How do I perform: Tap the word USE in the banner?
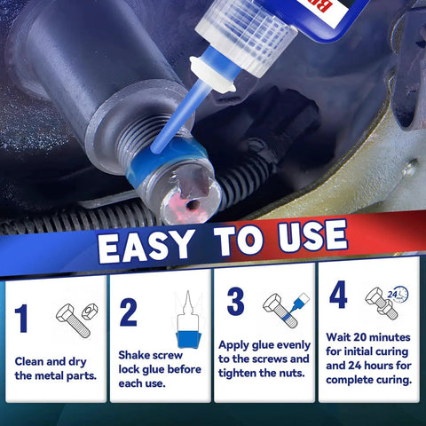[312, 237]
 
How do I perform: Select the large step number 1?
[21, 319]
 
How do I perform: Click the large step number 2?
[128, 312]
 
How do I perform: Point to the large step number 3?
[236, 301]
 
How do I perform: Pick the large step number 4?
[338, 295]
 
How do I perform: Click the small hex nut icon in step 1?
[90, 310]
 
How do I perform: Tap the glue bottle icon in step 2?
[188, 319]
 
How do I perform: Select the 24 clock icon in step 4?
[398, 295]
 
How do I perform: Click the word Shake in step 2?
[136, 355]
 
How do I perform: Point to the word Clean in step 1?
[29, 361]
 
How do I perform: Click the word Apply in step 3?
[233, 345]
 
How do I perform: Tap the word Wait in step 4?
[338, 337]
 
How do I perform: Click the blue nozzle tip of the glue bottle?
[155, 148]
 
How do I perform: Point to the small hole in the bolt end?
[193, 204]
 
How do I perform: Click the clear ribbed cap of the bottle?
[246, 39]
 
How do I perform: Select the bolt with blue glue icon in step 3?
[286, 310]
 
